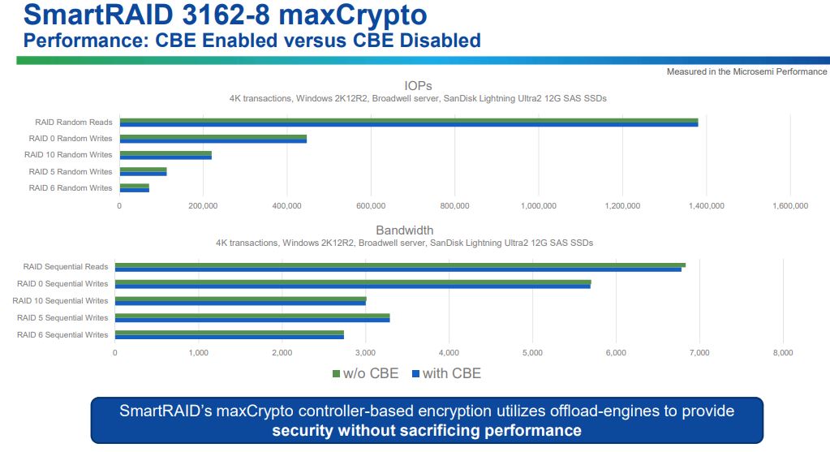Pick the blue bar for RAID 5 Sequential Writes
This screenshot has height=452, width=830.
(x=252, y=320)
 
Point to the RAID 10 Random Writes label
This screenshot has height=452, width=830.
(x=68, y=155)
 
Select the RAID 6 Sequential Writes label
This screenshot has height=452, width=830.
(x=62, y=334)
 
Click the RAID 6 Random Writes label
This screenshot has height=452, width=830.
(x=71, y=188)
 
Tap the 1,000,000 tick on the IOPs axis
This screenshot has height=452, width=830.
(x=538, y=206)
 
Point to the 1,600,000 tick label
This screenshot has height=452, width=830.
(x=789, y=206)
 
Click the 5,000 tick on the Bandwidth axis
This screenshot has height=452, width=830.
(x=532, y=352)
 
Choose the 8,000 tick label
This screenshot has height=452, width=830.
(x=782, y=352)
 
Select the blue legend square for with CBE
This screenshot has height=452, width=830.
(x=416, y=374)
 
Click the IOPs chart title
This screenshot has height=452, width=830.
(x=418, y=85)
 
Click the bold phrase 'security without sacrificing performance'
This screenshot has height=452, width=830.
(x=427, y=430)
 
